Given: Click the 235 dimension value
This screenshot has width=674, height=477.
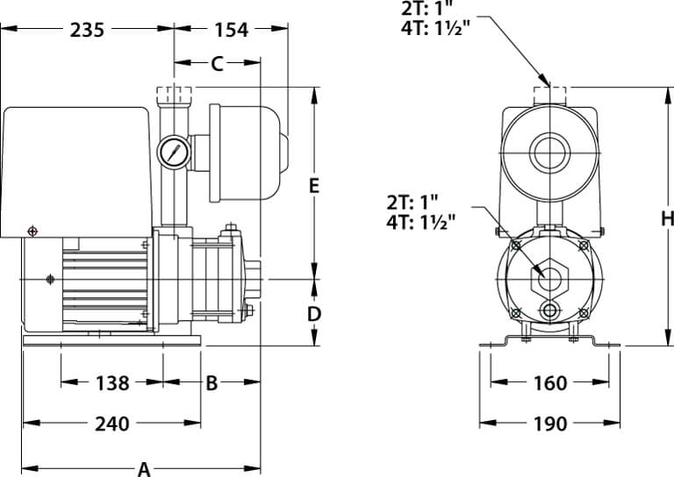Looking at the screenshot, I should pyautogui.click(x=87, y=31).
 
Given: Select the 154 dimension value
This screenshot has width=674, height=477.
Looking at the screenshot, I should pyautogui.click(x=232, y=31).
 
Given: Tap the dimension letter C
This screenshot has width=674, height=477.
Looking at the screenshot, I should pyautogui.click(x=217, y=63).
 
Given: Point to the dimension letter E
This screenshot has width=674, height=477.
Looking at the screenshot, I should pyautogui.click(x=314, y=186).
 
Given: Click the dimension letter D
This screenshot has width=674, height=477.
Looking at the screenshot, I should pyautogui.click(x=314, y=314).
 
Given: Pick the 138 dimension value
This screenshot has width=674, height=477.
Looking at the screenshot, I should pyautogui.click(x=111, y=383).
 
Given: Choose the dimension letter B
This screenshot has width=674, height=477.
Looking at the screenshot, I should pyautogui.click(x=212, y=383).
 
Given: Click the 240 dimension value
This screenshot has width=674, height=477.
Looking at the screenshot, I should pyautogui.click(x=111, y=424).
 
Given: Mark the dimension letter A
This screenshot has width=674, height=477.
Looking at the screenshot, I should pyautogui.click(x=143, y=468).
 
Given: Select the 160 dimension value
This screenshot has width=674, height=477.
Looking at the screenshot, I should pyautogui.click(x=549, y=383).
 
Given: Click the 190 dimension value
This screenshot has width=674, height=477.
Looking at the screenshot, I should pyautogui.click(x=549, y=424).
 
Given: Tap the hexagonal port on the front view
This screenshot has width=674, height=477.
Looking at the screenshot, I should pyautogui.click(x=549, y=277).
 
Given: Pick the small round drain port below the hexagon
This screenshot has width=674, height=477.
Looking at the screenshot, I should pyautogui.click(x=549, y=311).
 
